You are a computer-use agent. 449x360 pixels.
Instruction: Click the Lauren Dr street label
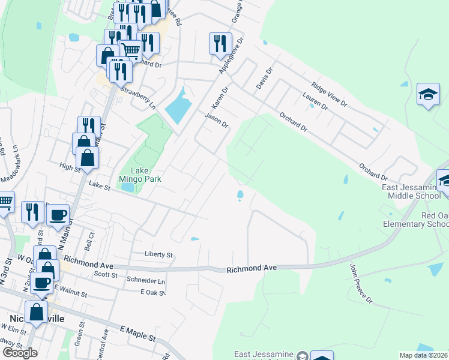tap(315, 101)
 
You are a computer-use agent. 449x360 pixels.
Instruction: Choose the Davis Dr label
tap(265, 79)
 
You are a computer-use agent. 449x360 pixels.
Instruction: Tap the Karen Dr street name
tap(221, 97)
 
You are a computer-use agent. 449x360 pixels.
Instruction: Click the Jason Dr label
tap(217, 120)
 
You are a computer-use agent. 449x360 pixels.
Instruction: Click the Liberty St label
tap(158, 254)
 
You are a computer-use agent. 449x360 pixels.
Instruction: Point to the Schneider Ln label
tap(145, 280)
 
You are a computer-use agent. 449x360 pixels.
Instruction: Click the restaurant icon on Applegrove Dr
tap(218, 43)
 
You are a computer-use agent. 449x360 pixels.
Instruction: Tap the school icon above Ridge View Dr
tap(429, 94)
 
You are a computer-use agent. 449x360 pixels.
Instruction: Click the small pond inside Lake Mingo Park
tap(127, 187)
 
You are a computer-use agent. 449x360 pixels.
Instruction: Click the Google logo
tap(20, 353)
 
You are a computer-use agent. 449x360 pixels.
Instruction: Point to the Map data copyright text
tap(424, 355)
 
